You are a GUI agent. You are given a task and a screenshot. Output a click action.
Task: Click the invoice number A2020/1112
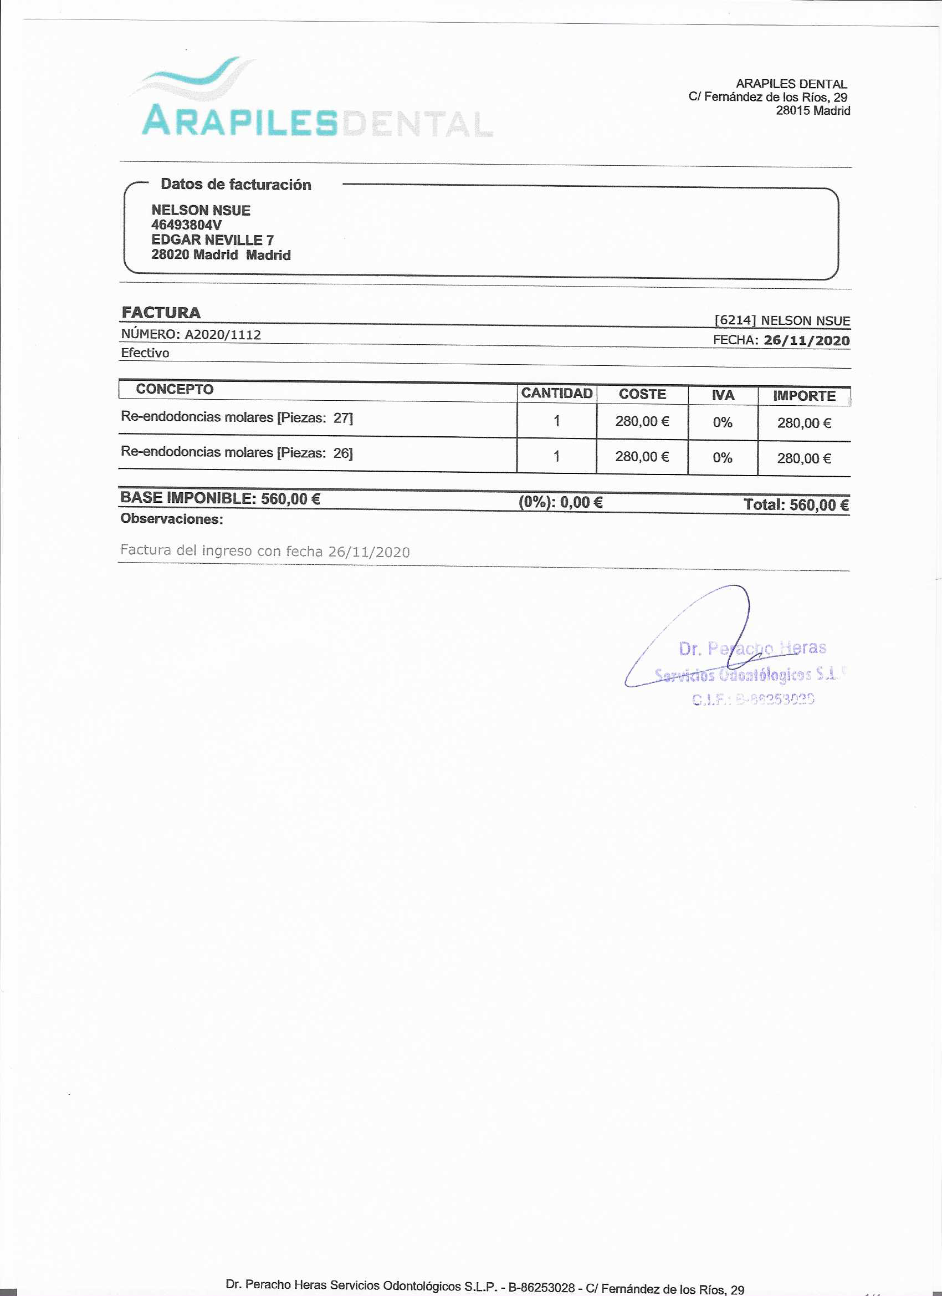[x=222, y=335]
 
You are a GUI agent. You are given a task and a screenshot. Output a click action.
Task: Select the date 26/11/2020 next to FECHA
[x=806, y=340]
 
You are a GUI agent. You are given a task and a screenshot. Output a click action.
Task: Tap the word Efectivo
[x=145, y=353]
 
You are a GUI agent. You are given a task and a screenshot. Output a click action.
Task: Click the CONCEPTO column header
[x=174, y=390]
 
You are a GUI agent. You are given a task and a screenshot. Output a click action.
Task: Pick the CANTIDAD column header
[x=556, y=394]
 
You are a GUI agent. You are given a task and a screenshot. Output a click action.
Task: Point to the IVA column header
[x=722, y=395]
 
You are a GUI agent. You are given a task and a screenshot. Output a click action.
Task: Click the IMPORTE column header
[x=804, y=396]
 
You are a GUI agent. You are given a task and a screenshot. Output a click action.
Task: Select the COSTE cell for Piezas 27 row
[x=642, y=422]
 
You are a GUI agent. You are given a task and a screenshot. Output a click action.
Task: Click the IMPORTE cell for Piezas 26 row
[x=803, y=458]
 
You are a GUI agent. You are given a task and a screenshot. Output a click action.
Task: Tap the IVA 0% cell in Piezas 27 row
[x=722, y=423]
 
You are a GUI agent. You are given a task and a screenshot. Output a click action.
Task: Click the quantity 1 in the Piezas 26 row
[x=556, y=457]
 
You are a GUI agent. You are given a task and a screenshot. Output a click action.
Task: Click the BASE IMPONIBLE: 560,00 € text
[x=220, y=498]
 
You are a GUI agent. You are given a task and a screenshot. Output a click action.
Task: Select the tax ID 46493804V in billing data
[x=186, y=225]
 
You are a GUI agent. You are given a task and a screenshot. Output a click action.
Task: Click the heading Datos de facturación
[x=235, y=185]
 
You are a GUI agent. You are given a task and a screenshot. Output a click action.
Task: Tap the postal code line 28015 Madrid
[x=812, y=111]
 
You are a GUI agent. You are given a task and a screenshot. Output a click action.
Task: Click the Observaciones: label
[x=171, y=519]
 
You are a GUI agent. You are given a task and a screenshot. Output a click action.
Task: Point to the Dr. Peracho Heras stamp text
[x=752, y=649]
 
